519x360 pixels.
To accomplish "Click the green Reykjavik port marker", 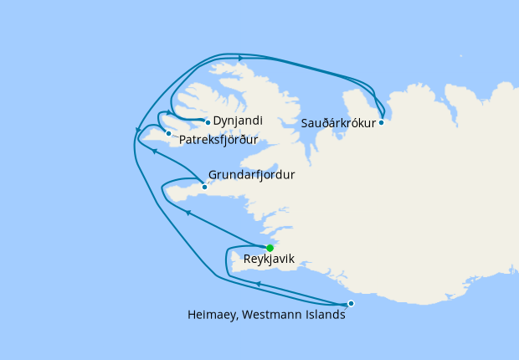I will point(270,248).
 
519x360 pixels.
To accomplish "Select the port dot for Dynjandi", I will point(208,122).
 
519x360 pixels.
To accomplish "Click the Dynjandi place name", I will point(235,121).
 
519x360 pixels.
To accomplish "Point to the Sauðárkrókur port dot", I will point(381,122).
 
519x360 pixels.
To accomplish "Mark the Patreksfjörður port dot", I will point(168,133).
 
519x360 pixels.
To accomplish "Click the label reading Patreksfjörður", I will point(218,139).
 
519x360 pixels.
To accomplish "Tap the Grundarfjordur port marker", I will point(204,187).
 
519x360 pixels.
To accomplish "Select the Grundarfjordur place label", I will point(252,177).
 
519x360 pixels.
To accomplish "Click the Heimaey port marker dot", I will point(351,303).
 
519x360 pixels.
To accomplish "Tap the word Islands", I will point(326,316).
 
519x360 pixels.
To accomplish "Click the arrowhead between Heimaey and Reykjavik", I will point(258,284).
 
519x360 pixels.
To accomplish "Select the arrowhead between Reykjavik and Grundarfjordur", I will point(188,213).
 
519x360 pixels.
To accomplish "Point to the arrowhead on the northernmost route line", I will point(241,58).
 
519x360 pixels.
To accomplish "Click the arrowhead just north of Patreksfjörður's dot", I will point(169,112).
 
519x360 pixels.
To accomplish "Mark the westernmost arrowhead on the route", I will point(137,129).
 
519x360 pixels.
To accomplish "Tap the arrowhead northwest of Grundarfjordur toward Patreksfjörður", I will point(154,152).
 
